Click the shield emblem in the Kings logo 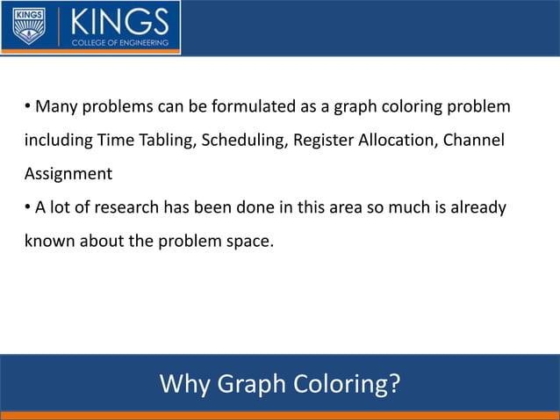pos(28,26)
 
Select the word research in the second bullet pos(126,207)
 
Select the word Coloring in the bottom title pos(349,384)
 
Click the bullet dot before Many pos(27,107)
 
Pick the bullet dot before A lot pos(27,207)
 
